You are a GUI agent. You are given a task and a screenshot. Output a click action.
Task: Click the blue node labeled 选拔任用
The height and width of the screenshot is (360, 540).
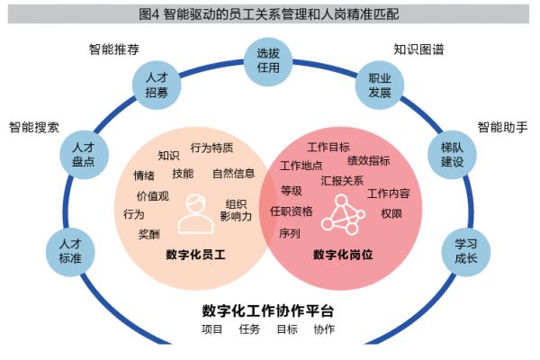(268, 62)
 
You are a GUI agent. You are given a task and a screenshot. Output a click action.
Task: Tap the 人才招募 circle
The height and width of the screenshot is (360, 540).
(157, 85)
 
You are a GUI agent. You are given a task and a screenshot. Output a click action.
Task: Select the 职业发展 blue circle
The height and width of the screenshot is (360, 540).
(380, 85)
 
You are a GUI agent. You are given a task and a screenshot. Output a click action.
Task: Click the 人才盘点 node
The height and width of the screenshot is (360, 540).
(84, 155)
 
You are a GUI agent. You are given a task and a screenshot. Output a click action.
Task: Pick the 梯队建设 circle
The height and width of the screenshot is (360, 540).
(452, 155)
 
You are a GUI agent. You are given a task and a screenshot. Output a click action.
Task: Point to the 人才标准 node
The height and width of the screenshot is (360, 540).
(70, 252)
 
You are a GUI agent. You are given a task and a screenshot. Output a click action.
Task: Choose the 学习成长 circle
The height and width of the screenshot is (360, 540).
(466, 252)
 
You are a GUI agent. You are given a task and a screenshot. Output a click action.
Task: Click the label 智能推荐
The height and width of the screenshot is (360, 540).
(114, 49)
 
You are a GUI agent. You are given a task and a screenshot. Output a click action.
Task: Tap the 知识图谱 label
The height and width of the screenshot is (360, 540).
(418, 49)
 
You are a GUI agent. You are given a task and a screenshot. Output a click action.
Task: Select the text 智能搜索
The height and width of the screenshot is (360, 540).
(34, 128)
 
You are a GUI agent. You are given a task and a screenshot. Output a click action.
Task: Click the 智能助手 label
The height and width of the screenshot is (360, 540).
(502, 128)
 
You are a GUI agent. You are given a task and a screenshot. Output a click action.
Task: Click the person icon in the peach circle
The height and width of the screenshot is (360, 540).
(195, 214)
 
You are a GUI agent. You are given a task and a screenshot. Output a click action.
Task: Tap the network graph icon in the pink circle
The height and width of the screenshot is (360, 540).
(343, 214)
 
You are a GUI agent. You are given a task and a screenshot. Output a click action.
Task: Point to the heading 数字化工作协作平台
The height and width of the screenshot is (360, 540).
(268, 310)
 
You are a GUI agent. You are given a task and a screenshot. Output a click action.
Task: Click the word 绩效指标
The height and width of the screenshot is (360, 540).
(369, 160)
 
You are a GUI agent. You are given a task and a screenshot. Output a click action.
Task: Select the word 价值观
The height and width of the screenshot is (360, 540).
(153, 196)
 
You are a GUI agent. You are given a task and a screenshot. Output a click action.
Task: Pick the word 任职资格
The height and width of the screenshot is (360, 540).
(292, 211)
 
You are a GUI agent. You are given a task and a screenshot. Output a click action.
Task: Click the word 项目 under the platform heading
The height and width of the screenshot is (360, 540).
(211, 329)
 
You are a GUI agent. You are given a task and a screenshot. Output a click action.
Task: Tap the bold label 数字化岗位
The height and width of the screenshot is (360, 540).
(343, 255)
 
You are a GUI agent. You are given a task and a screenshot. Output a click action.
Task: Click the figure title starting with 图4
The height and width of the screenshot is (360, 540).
(268, 14)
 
